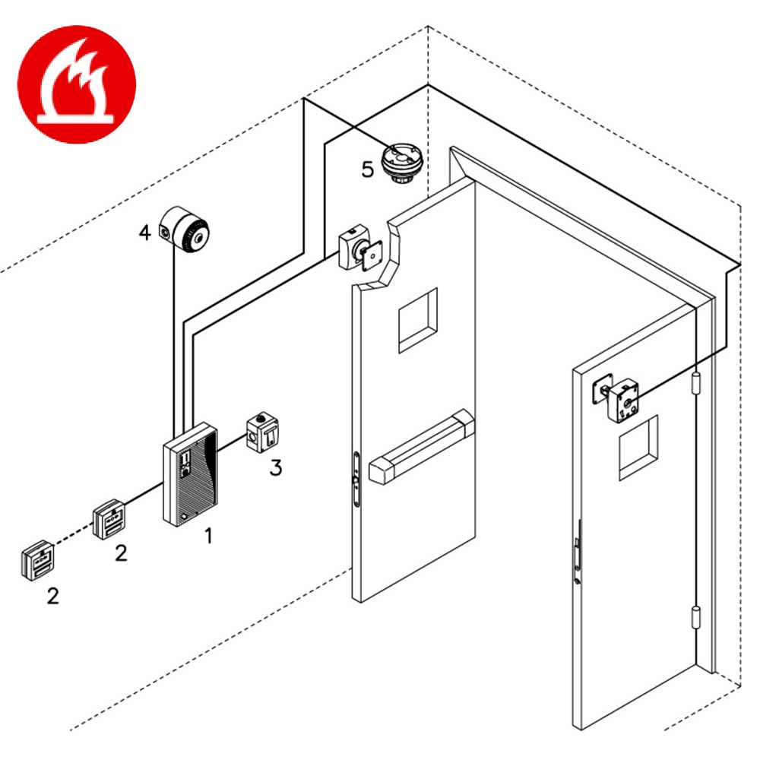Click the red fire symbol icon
tap(76, 84)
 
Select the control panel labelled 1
tap(190, 475)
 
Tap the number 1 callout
tap(207, 536)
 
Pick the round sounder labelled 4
tap(185, 231)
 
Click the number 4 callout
tap(144, 233)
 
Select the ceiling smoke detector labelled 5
tap(401, 163)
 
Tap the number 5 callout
tap(368, 169)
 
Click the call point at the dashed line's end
tap(38, 561)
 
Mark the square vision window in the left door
tap(418, 319)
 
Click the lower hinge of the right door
tap(697, 622)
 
